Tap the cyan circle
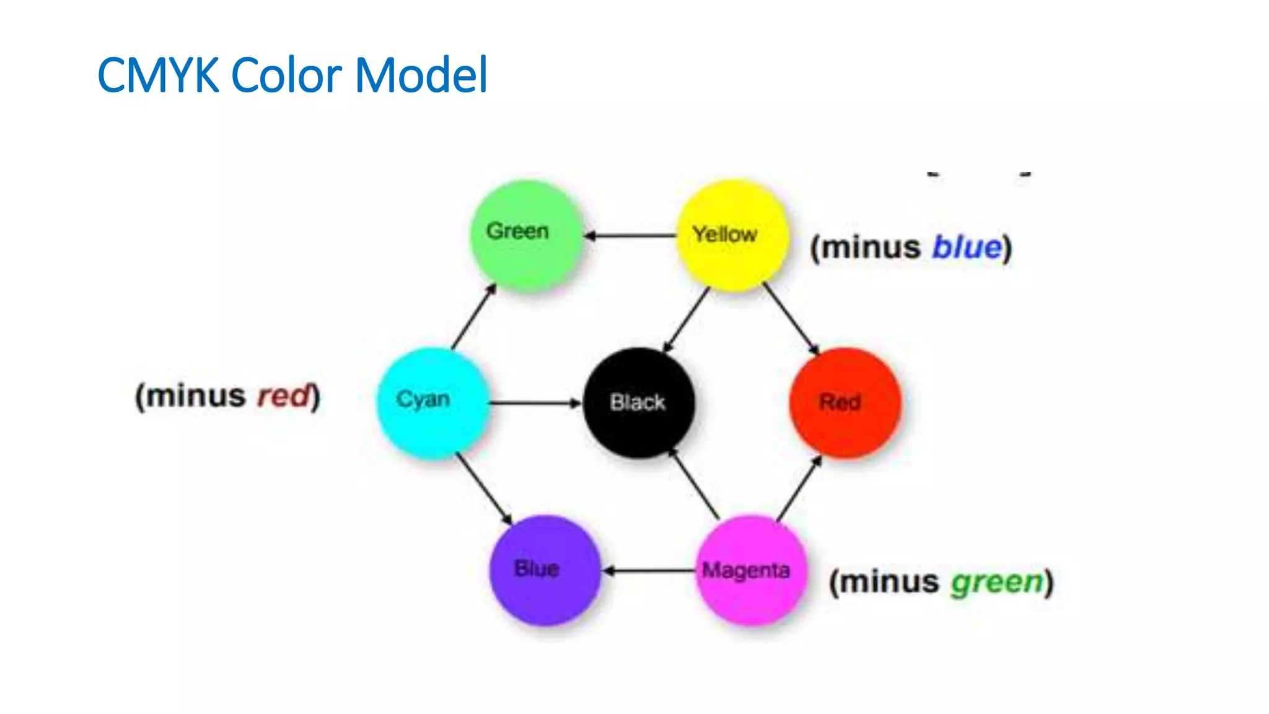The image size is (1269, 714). pyautogui.click(x=433, y=403)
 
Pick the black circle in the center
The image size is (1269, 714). pyautogui.click(x=639, y=403)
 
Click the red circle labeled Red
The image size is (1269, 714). pyautogui.click(x=845, y=403)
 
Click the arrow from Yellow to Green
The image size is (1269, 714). pyautogui.click(x=630, y=236)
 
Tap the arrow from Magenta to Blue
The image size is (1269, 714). pyautogui.click(x=649, y=570)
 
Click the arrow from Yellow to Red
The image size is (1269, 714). pyautogui.click(x=791, y=319)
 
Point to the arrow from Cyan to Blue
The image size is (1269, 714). pyautogui.click(x=484, y=488)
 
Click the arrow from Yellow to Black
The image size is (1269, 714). pyautogui.click(x=687, y=320)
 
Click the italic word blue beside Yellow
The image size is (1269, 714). pyautogui.click(x=967, y=247)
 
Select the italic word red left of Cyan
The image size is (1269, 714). pyautogui.click(x=283, y=396)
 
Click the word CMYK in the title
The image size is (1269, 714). pyautogui.click(x=159, y=76)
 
